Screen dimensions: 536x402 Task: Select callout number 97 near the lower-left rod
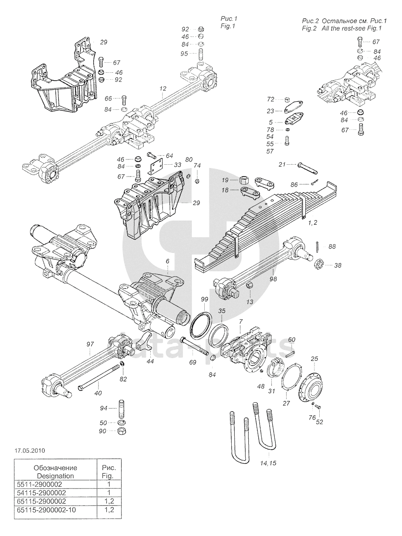coord(90,344)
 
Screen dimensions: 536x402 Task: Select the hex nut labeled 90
coord(122,431)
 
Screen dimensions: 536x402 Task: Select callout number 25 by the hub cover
coord(315,359)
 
